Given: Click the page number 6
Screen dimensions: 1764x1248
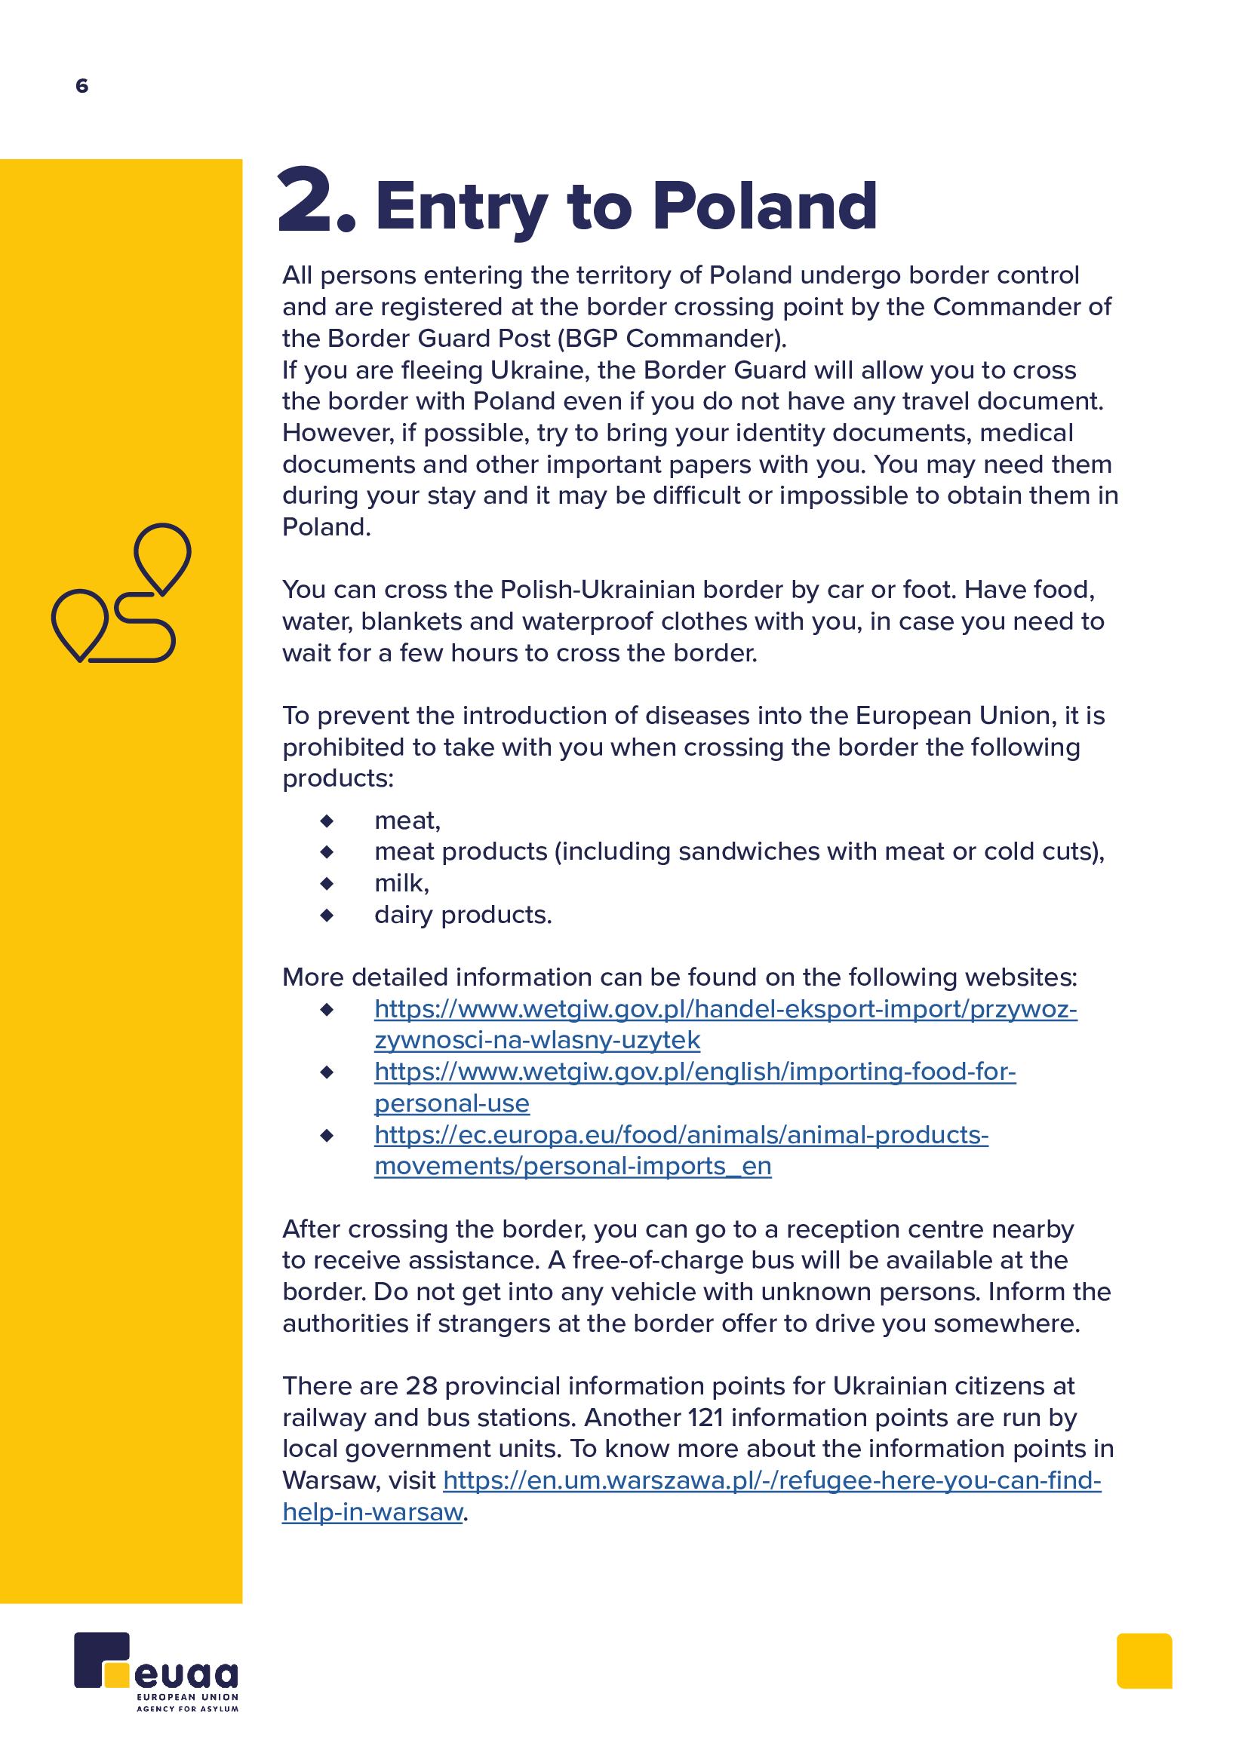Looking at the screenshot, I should coord(82,85).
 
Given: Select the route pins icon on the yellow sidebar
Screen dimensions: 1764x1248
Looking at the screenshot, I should coord(121,593).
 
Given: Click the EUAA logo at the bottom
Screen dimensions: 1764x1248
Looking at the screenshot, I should coord(156,1671).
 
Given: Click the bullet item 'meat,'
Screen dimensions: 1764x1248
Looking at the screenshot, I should coord(407,821).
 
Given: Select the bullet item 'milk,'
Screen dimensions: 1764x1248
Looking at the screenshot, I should coord(402,884).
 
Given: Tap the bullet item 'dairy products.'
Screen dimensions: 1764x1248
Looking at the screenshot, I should coord(463,915).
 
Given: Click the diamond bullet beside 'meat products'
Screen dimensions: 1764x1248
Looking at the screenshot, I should coord(327,852).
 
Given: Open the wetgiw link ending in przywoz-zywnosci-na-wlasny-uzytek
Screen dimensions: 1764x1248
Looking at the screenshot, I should coord(724,1010).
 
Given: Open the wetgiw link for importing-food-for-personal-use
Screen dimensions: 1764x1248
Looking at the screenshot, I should coord(694,1072).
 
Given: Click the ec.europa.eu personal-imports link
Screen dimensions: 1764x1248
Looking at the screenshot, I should coord(681,1136).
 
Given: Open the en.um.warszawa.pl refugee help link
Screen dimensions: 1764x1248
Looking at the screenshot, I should coord(772,1480).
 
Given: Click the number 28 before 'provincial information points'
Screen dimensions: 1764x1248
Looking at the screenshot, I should coord(421,1386).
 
